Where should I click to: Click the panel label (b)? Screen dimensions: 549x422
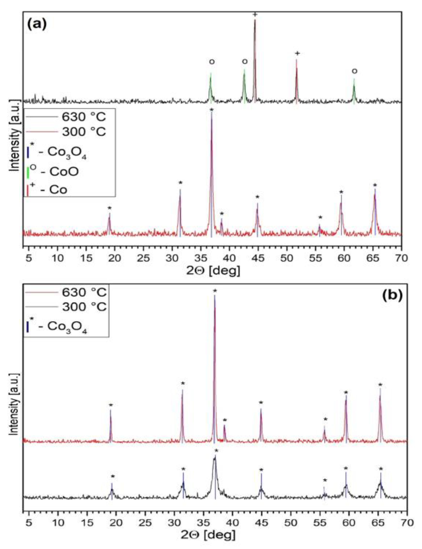pyautogui.click(x=392, y=295)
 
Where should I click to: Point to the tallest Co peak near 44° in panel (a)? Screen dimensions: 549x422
pyautogui.click(x=255, y=23)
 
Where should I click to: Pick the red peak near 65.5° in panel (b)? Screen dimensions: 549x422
pyautogui.click(x=380, y=399)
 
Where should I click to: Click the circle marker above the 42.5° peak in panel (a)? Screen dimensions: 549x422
pyautogui.click(x=245, y=62)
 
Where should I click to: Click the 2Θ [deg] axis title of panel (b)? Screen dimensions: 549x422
pyautogui.click(x=209, y=535)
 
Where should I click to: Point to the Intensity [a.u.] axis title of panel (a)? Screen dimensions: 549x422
pyautogui.click(x=15, y=135)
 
